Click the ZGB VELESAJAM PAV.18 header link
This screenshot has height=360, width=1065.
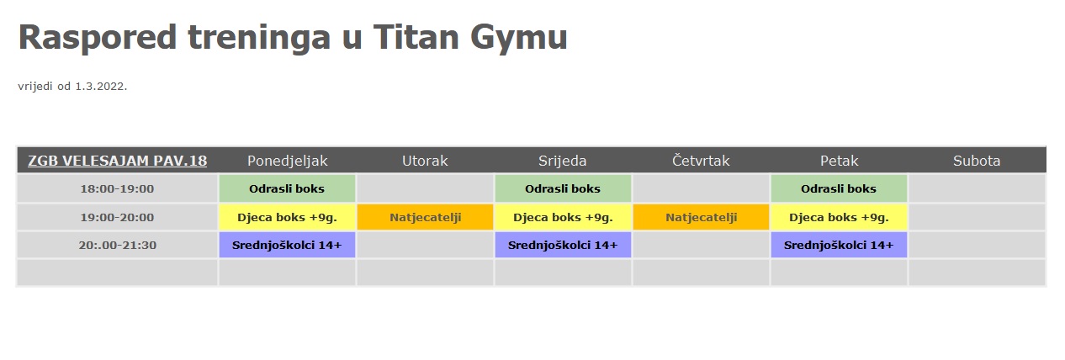(118, 161)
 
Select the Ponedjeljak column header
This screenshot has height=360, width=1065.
(287, 161)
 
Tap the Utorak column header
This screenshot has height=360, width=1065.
(425, 161)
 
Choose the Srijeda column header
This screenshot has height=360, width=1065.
(563, 161)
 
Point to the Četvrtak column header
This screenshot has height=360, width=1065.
(701, 161)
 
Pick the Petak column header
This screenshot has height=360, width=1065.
(840, 161)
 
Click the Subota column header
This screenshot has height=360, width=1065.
(977, 161)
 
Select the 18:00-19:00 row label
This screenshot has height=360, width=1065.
(118, 188)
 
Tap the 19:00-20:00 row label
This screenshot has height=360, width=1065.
(118, 217)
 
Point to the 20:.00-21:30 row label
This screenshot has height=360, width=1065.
(118, 245)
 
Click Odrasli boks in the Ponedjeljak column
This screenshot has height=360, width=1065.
(287, 188)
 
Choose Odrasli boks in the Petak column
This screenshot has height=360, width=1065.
(839, 188)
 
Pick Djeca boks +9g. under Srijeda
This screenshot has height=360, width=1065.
(563, 217)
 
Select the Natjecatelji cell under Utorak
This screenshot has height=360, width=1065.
(426, 217)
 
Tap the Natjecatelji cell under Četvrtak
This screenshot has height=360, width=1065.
(702, 217)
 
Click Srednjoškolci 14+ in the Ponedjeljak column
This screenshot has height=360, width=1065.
(287, 245)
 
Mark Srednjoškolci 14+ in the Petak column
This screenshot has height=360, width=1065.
(839, 245)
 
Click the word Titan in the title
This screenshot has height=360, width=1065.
(416, 37)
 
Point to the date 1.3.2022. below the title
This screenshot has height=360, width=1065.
(101, 87)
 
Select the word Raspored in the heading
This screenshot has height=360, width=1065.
(98, 38)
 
